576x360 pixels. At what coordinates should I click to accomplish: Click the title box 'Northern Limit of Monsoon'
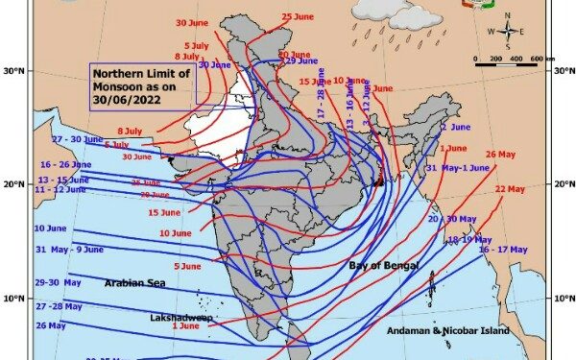pos(142,85)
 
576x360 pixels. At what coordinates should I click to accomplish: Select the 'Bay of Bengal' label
pos(384,264)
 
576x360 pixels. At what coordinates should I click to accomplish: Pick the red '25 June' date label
pos(299,17)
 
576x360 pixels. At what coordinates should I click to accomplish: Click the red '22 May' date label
pos(513,189)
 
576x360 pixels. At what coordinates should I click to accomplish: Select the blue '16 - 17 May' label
pos(504,250)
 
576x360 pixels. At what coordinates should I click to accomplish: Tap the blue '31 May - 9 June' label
pos(69,250)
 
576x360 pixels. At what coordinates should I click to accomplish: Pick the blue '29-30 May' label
pos(59,282)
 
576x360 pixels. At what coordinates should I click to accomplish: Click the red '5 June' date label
pos(186,266)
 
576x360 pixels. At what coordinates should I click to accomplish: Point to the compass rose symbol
pos(507,31)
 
